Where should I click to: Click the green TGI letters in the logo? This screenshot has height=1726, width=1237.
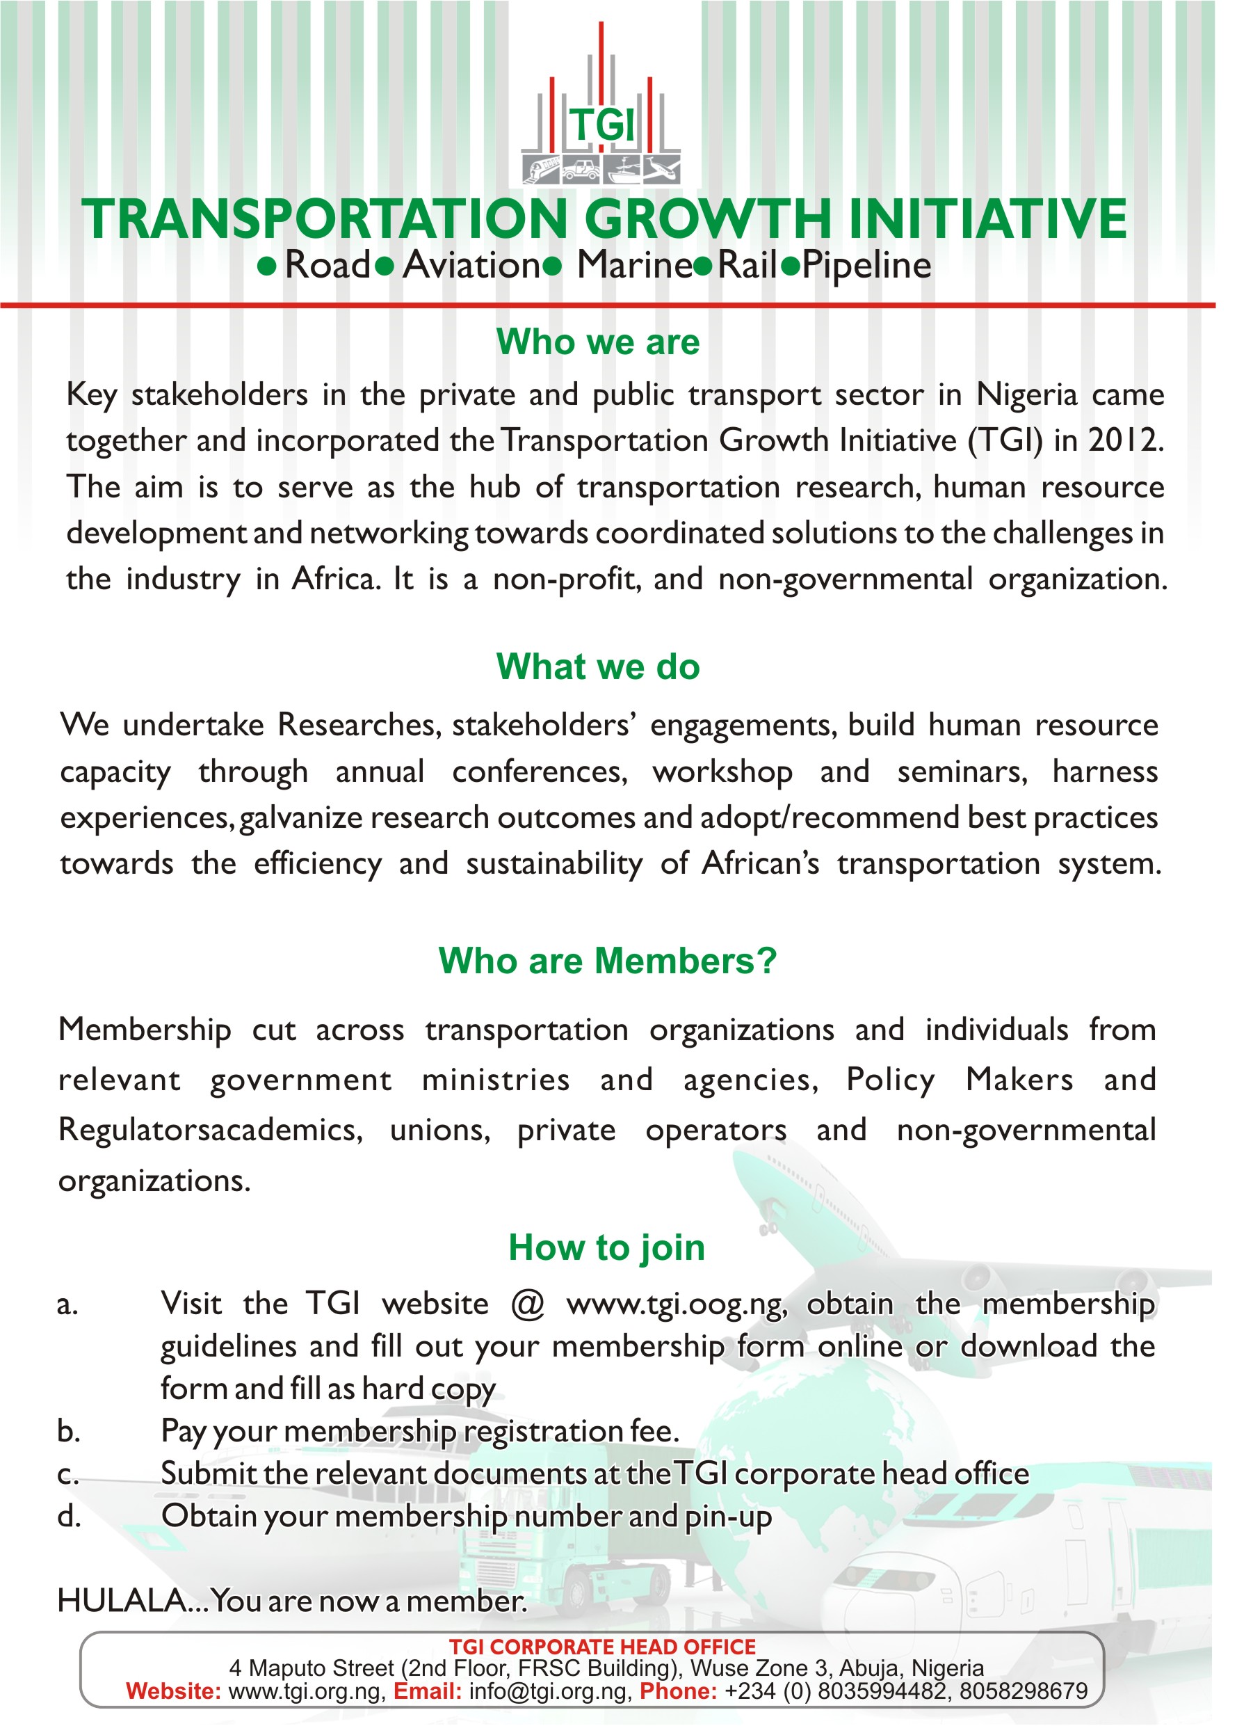pyautogui.click(x=601, y=124)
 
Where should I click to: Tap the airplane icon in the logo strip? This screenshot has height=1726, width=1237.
pyautogui.click(x=661, y=168)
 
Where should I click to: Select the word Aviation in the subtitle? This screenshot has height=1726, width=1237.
pyautogui.click(x=471, y=266)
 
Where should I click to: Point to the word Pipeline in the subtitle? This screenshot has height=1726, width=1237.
pyautogui.click(x=866, y=266)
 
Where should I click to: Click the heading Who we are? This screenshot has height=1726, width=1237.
pyautogui.click(x=598, y=342)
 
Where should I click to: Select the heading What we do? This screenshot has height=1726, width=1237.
pyautogui.click(x=598, y=666)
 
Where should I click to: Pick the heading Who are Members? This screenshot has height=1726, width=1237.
pyautogui.click(x=607, y=961)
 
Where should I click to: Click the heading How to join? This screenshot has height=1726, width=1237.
pyautogui.click(x=606, y=1248)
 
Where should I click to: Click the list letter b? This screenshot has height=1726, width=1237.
pyautogui.click(x=68, y=1432)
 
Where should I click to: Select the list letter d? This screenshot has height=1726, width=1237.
pyautogui.click(x=68, y=1516)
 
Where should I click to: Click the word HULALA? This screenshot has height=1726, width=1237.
pyautogui.click(x=122, y=1601)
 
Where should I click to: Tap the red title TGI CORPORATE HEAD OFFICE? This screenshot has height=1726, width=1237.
pyautogui.click(x=601, y=1647)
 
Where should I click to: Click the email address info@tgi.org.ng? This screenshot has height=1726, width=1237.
pyautogui.click(x=549, y=1691)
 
